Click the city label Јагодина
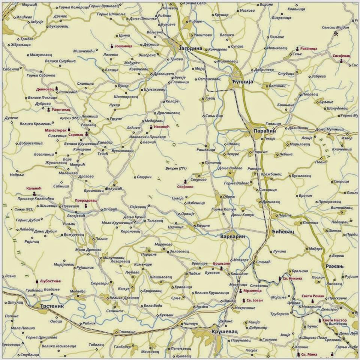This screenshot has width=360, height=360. click(x=190, y=49)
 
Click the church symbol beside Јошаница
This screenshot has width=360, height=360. click(x=111, y=46)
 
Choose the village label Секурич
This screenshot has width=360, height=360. click(x=144, y=177)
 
